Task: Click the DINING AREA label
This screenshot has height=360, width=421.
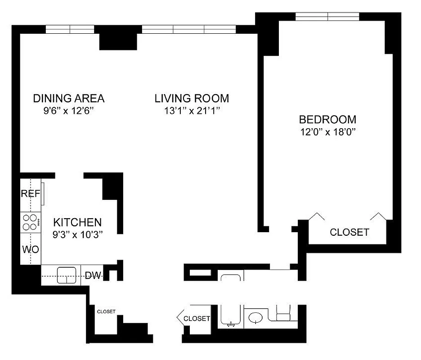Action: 69,98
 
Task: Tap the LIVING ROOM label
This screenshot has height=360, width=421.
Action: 192,98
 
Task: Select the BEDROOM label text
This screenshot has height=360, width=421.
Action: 327,120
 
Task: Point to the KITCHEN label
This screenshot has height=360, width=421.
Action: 77,222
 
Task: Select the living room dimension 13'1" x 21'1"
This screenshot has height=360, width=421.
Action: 192,111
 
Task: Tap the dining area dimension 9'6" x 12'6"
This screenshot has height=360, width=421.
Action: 69,111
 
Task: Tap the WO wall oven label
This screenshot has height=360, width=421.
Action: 31,249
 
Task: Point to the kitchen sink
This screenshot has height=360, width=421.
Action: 66,274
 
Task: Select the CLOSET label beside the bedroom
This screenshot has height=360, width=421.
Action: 349,232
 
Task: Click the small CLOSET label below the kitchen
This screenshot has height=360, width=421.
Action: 106,311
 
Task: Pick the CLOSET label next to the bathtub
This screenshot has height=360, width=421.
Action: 197,319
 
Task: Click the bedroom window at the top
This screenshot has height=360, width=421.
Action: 327,17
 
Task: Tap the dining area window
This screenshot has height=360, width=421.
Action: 70,29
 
